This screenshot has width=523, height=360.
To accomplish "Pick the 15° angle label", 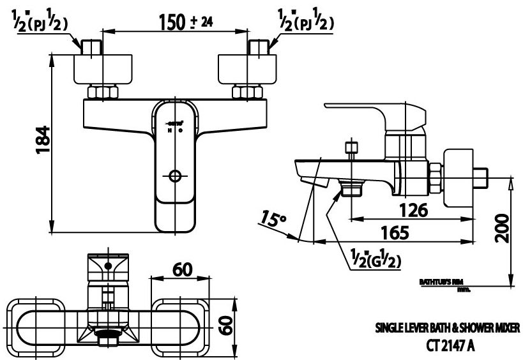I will coord(274,221).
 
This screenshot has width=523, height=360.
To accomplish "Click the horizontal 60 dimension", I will coord(183,270).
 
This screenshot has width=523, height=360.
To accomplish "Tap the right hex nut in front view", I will coord(246,93).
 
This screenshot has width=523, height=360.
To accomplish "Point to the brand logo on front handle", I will coord(176,119).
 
